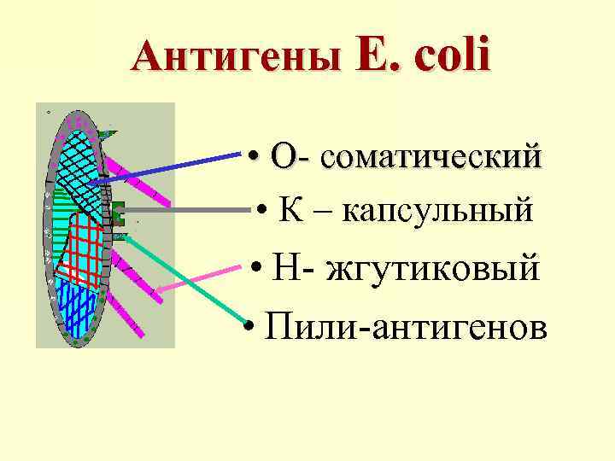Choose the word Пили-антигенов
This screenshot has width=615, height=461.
click(405, 324)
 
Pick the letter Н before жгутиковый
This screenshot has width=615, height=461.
click(285, 269)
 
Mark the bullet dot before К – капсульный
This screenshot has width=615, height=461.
click(266, 211)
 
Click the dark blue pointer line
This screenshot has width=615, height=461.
click(171, 166)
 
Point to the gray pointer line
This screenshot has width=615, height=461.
click(188, 208)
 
